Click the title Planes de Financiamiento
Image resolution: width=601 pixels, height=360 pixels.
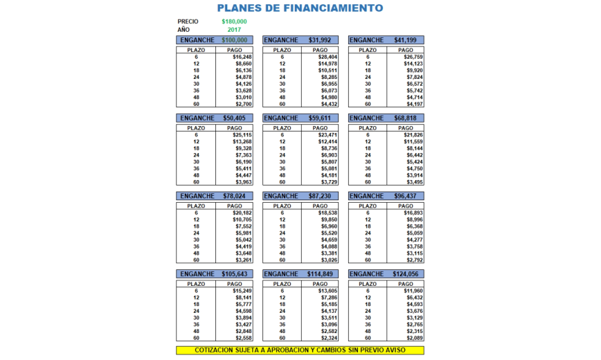click(x=300, y=8)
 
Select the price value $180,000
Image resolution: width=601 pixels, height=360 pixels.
click(x=234, y=21)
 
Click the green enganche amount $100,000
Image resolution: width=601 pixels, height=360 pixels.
click(x=234, y=40)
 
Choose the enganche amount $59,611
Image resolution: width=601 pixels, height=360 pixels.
click(x=319, y=118)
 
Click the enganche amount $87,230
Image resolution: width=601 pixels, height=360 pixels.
click(x=319, y=196)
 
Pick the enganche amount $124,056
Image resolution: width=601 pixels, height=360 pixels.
click(x=404, y=274)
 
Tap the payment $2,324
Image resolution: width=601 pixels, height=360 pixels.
click(x=327, y=337)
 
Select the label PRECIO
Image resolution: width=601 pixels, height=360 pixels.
click(x=188, y=21)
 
